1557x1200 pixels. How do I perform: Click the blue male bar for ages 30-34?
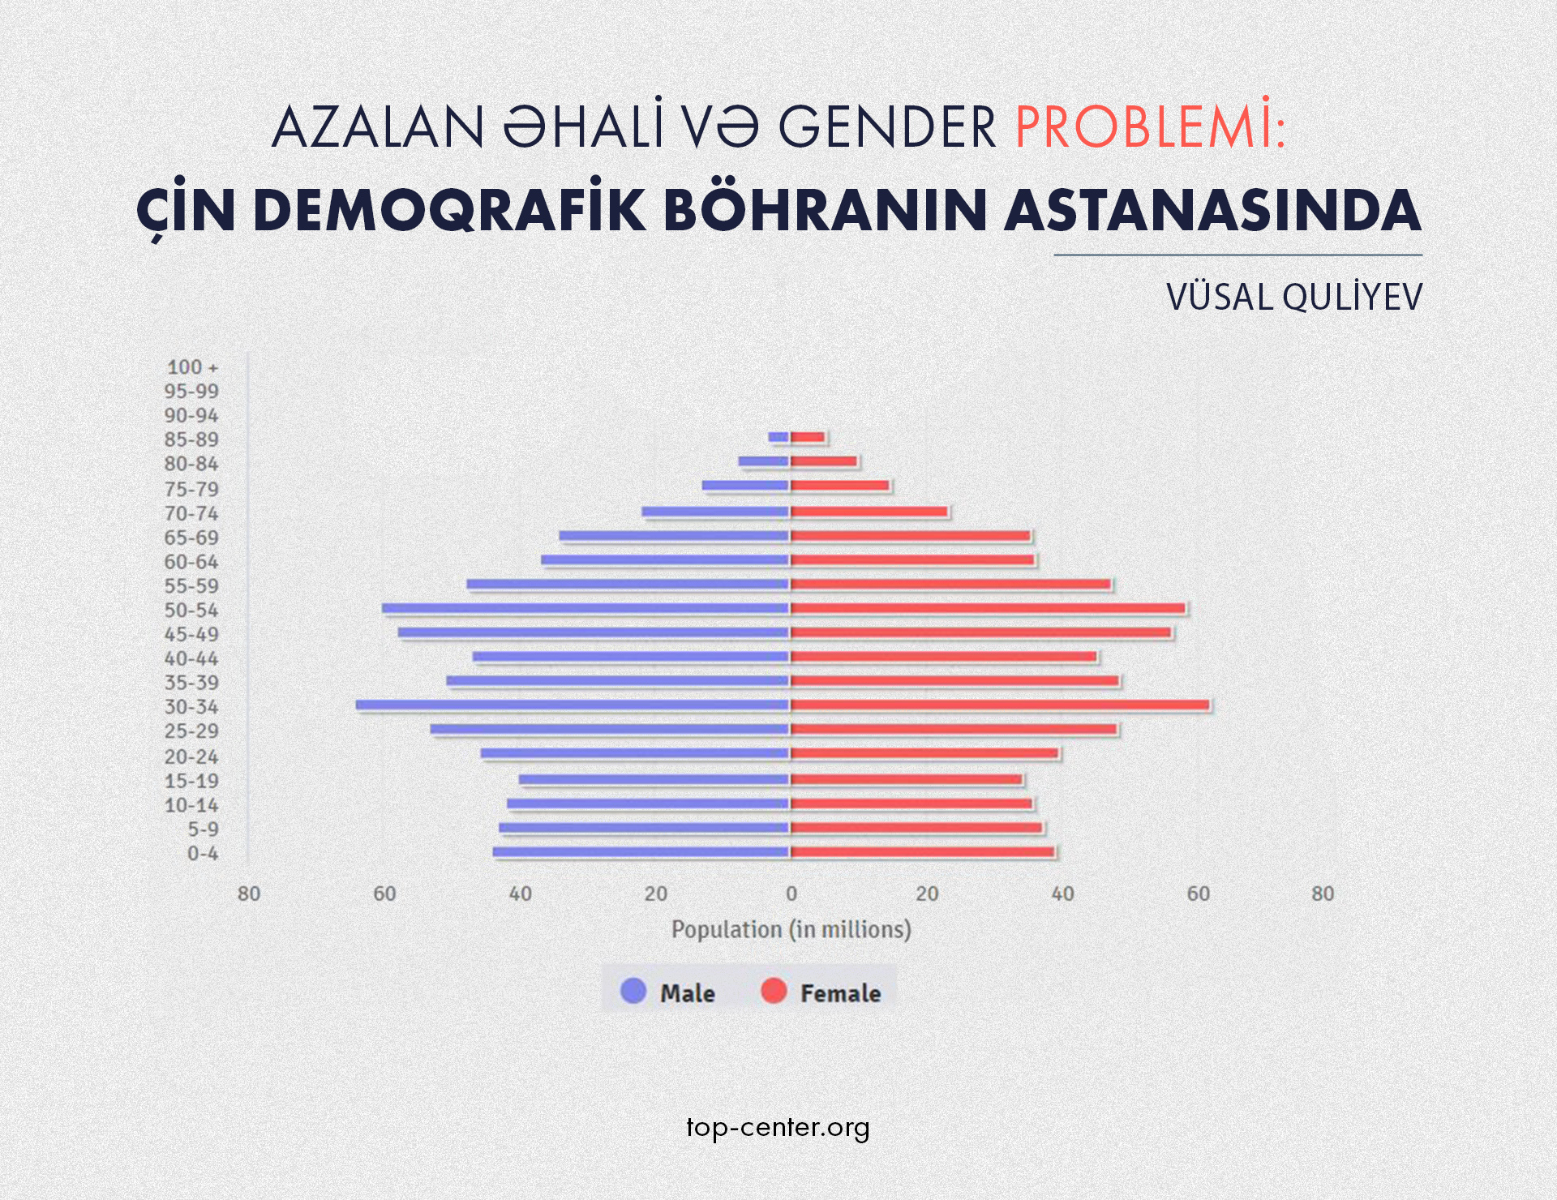(572, 705)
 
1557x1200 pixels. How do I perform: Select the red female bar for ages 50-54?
(988, 608)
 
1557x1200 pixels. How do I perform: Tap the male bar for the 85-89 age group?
(778, 438)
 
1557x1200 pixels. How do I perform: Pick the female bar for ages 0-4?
(922, 852)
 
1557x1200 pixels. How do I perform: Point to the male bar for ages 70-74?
(715, 512)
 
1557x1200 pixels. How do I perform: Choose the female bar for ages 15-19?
(906, 779)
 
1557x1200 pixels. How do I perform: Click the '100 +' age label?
(192, 367)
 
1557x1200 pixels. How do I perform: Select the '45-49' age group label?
(191, 634)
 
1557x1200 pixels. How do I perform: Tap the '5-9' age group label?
(203, 829)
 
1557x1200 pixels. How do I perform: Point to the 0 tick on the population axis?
(791, 894)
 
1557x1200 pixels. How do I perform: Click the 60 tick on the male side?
(384, 894)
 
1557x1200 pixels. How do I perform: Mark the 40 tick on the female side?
(1062, 894)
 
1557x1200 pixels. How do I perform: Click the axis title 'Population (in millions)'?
(791, 929)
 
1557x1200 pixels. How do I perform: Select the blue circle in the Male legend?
(633, 991)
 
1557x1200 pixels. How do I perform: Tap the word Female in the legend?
(840, 993)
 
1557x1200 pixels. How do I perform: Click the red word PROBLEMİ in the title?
(1150, 128)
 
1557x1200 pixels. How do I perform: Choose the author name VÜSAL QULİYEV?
(1294, 298)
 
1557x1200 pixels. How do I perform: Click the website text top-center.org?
(778, 1128)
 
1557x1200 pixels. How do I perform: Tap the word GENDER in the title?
(887, 128)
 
